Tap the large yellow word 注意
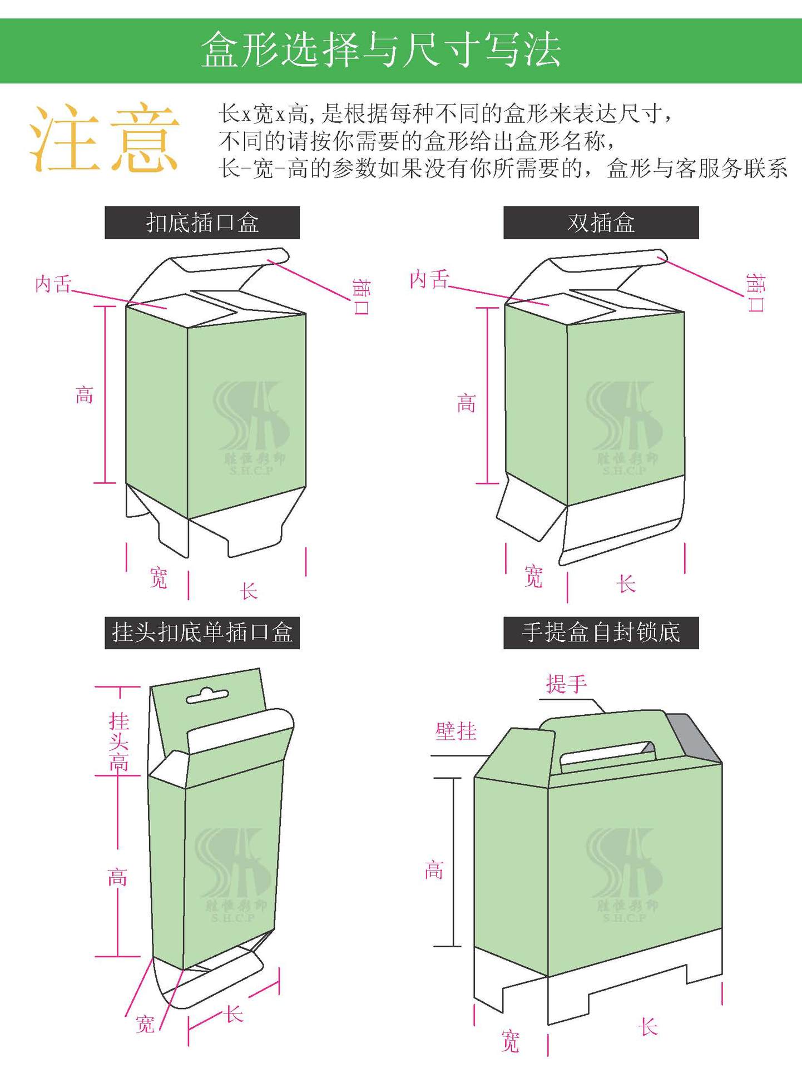[x=104, y=138]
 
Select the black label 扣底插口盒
[x=202, y=223]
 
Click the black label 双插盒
[x=601, y=223]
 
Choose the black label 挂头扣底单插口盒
[x=202, y=632]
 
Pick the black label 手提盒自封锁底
[x=601, y=632]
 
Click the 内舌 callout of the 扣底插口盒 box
[x=53, y=284]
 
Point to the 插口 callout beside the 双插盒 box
[x=755, y=292]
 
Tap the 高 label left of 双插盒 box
[x=466, y=403]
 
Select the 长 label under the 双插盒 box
[x=626, y=584]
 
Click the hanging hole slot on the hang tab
[x=207, y=696]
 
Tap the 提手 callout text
[x=566, y=684]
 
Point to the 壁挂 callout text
[x=456, y=731]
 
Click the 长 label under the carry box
[x=648, y=1027]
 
